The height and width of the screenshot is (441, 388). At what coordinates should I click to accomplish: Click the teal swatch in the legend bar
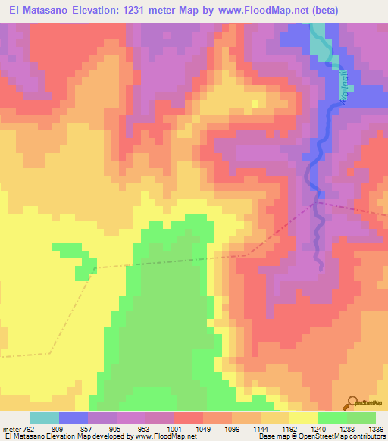(x=45, y=418)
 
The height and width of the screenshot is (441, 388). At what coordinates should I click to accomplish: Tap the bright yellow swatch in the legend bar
(x=303, y=418)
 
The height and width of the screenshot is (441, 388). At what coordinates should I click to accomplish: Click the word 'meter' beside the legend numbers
(x=9, y=429)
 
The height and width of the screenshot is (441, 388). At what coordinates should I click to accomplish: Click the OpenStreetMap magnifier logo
(x=353, y=402)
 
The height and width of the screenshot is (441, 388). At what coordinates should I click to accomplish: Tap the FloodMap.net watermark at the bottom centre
(x=171, y=405)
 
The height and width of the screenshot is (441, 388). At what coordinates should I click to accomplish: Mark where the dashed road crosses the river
(x=318, y=202)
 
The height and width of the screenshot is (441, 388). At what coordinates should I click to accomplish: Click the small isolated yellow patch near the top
(x=256, y=102)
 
